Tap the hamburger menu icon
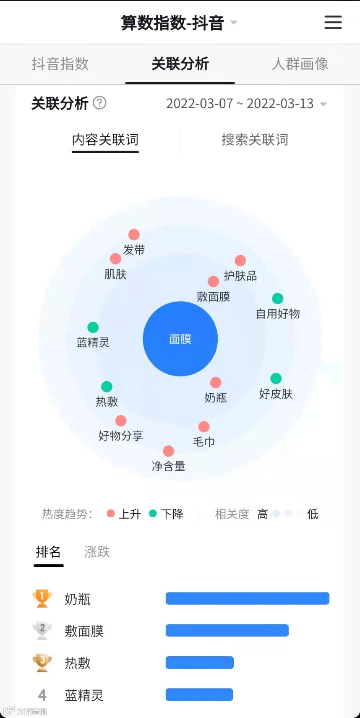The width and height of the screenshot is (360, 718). [333, 22]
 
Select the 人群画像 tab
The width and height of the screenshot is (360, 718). [300, 64]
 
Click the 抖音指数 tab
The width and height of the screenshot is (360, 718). [60, 64]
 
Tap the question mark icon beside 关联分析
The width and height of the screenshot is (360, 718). [99, 103]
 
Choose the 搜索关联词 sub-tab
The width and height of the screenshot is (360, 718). [255, 140]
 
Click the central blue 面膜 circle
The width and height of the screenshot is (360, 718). [180, 339]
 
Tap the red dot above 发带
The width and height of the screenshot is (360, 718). [134, 235]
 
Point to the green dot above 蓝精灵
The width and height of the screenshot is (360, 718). [93, 327]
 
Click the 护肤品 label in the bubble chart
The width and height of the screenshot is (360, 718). [240, 276]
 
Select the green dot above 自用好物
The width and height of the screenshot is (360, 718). [277, 298]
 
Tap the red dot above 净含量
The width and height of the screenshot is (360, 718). [168, 451]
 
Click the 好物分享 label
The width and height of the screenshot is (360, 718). [120, 435]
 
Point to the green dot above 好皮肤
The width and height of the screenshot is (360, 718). [276, 378]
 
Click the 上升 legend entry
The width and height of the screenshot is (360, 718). [124, 514]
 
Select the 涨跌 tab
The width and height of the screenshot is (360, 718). [97, 552]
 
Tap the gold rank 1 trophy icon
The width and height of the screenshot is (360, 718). [42, 598]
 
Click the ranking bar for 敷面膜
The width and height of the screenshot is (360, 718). [227, 630]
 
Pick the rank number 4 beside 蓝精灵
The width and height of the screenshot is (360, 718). [42, 695]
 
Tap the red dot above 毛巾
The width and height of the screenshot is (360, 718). [204, 426]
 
